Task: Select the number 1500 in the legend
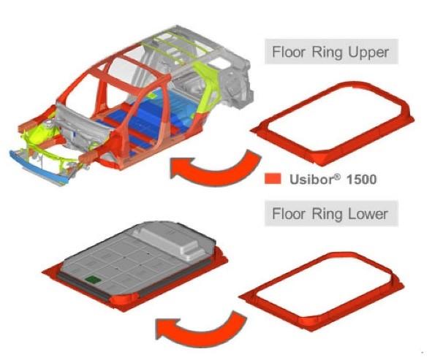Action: tap(361, 180)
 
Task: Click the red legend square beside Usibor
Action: tap(273, 179)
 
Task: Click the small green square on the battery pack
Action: tap(93, 280)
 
